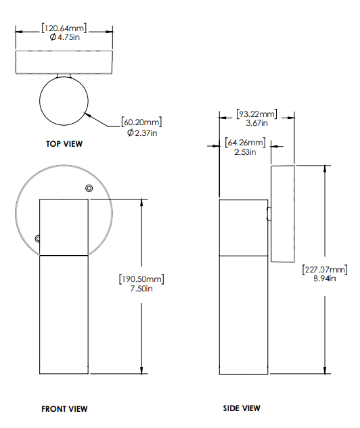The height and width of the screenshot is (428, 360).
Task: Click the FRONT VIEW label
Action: click(x=64, y=409)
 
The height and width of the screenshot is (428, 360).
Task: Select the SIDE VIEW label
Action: click(x=242, y=408)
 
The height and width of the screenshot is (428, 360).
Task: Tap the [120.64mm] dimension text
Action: click(x=65, y=28)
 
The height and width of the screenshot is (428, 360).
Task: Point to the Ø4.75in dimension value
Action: click(x=65, y=38)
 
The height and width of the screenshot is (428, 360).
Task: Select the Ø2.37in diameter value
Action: click(x=142, y=133)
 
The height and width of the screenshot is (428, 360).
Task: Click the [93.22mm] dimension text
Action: click(x=256, y=113)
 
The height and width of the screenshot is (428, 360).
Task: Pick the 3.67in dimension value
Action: click(x=256, y=123)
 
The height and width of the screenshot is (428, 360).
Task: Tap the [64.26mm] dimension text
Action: click(x=245, y=143)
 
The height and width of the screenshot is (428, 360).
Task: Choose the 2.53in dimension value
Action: click(x=244, y=152)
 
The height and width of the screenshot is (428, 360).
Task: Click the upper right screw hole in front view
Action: click(x=89, y=189)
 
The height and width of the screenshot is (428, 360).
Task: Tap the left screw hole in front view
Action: click(x=38, y=238)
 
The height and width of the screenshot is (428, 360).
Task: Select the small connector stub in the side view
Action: click(x=269, y=214)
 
